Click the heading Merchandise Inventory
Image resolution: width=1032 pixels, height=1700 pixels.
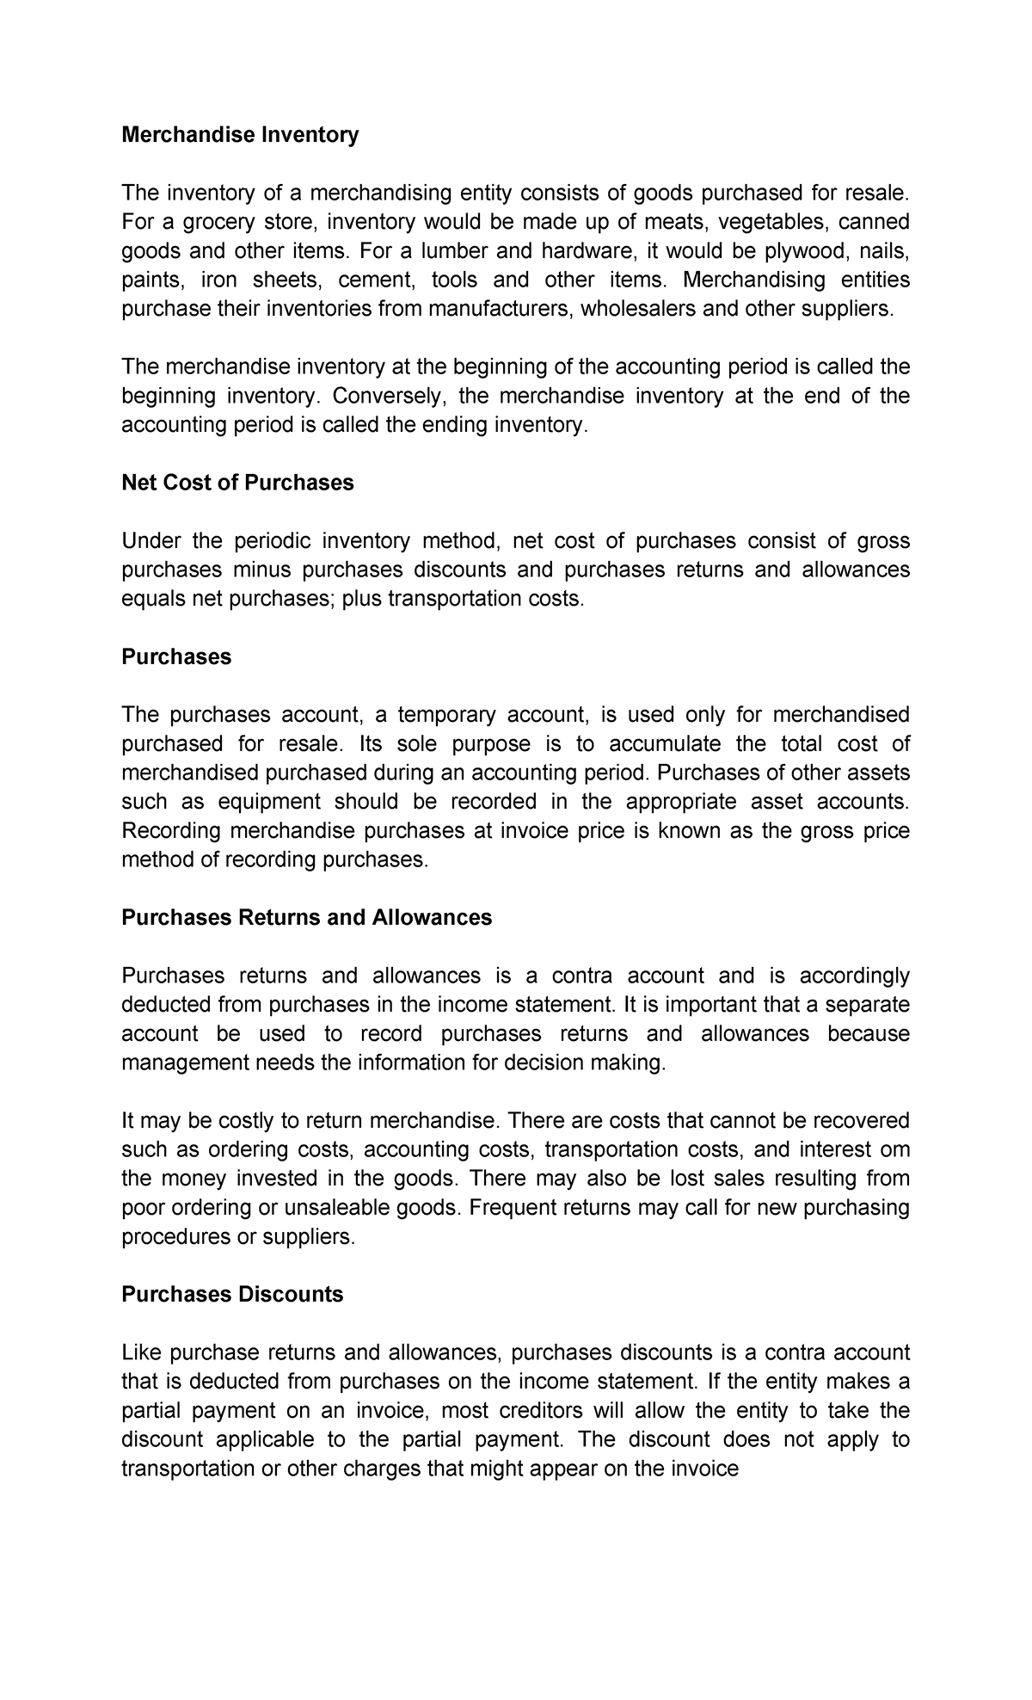point(240,135)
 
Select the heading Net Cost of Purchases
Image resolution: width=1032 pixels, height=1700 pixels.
point(237,483)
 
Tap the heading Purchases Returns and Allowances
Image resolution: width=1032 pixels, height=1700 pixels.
point(306,917)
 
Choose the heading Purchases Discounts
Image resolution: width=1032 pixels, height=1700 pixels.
point(232,1294)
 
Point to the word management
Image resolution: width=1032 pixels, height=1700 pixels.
point(185,1062)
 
